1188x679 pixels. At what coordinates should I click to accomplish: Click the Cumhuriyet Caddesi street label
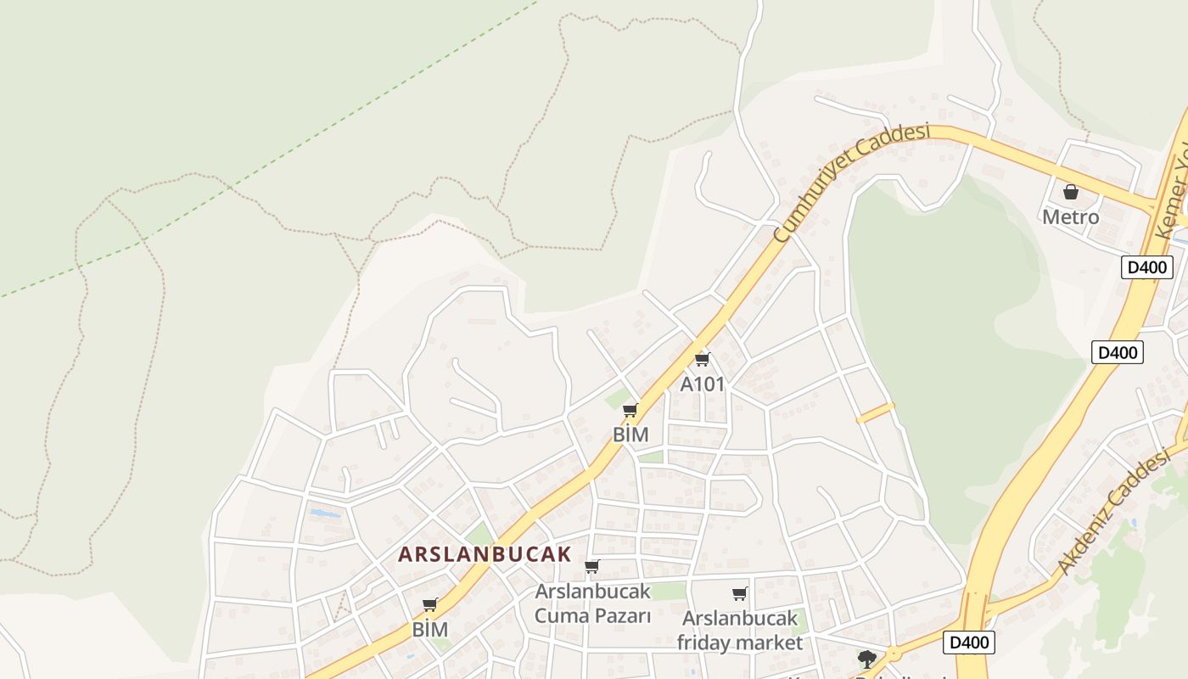pos(852,182)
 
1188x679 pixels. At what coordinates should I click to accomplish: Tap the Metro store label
pos(1070,217)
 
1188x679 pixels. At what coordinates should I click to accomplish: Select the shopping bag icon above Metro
pos(1071,192)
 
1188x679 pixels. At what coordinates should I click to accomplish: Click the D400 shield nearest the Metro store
pos(1146,267)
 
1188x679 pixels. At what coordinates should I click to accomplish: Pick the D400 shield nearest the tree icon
pos(968,643)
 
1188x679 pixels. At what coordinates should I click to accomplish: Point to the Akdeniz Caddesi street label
pos(1113,513)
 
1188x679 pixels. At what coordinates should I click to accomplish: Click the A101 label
pos(703,384)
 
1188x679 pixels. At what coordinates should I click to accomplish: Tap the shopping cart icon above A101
pos(702,359)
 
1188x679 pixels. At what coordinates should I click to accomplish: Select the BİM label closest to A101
pos(630,435)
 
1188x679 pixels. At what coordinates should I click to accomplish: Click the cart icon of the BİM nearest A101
pos(630,411)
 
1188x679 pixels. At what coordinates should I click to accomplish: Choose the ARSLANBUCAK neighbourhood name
pos(485,554)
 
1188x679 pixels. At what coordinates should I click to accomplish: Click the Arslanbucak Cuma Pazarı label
pos(592,603)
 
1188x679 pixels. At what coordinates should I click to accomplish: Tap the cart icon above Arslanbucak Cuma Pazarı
pos(591,566)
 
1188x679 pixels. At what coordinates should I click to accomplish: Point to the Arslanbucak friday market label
pos(738,631)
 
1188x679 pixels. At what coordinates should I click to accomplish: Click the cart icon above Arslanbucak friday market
pos(739,594)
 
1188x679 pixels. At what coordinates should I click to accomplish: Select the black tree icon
pos(866,659)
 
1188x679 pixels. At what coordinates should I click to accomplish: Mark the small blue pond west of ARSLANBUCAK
pos(324,513)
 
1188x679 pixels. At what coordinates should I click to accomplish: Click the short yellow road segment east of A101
pos(876,412)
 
